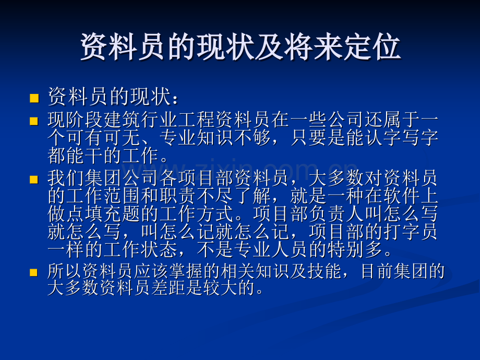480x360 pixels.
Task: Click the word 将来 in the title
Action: tap(313, 47)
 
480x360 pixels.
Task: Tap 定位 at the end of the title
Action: tap(371, 47)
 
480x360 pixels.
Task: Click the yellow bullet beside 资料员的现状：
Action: tap(34, 98)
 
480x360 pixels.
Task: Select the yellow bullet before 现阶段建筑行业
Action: tap(34, 121)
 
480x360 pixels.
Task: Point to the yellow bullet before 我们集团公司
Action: tap(34, 179)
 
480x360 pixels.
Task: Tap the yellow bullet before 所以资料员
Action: tap(34, 272)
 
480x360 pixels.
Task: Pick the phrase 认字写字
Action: tap(401, 138)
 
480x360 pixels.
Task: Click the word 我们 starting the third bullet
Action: tap(66, 178)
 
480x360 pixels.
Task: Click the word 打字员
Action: tap(410, 232)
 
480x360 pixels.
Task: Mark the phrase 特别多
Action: tap(355, 249)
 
